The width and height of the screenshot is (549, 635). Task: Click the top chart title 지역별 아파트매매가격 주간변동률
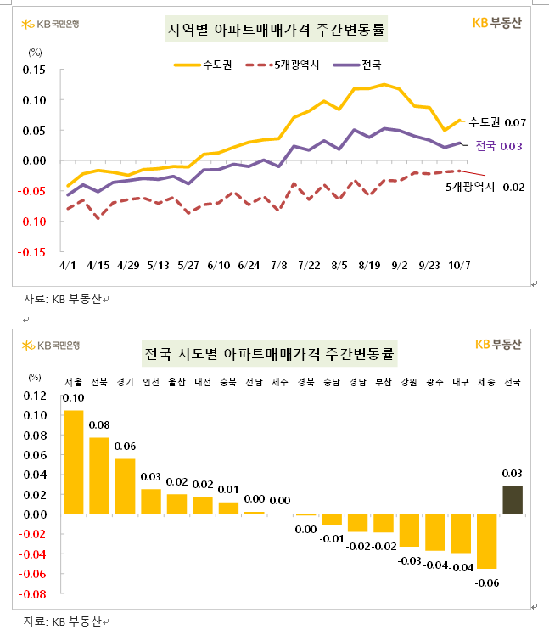[x=274, y=31]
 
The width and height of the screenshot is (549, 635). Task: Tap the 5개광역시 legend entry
[x=283, y=64]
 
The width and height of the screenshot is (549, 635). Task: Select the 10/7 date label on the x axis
[x=461, y=266]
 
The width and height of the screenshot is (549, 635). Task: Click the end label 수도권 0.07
[x=497, y=122]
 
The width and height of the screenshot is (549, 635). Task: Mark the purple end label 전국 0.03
[x=498, y=146]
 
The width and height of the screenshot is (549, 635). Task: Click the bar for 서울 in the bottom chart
[x=74, y=462]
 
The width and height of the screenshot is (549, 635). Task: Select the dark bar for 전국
[x=513, y=499]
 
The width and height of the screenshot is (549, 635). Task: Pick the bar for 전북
[x=99, y=475]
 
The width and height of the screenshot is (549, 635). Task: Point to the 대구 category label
[x=461, y=381]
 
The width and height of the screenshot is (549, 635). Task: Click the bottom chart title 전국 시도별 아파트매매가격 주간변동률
[x=274, y=351]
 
